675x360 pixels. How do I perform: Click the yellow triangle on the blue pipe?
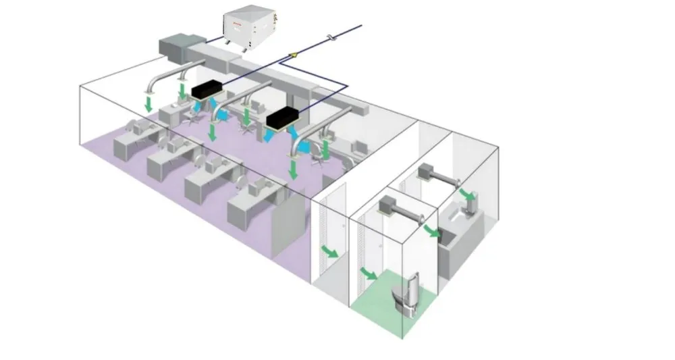point(294,53)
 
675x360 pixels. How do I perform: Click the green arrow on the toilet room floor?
point(369,274)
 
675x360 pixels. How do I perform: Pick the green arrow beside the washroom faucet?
point(466,195)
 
